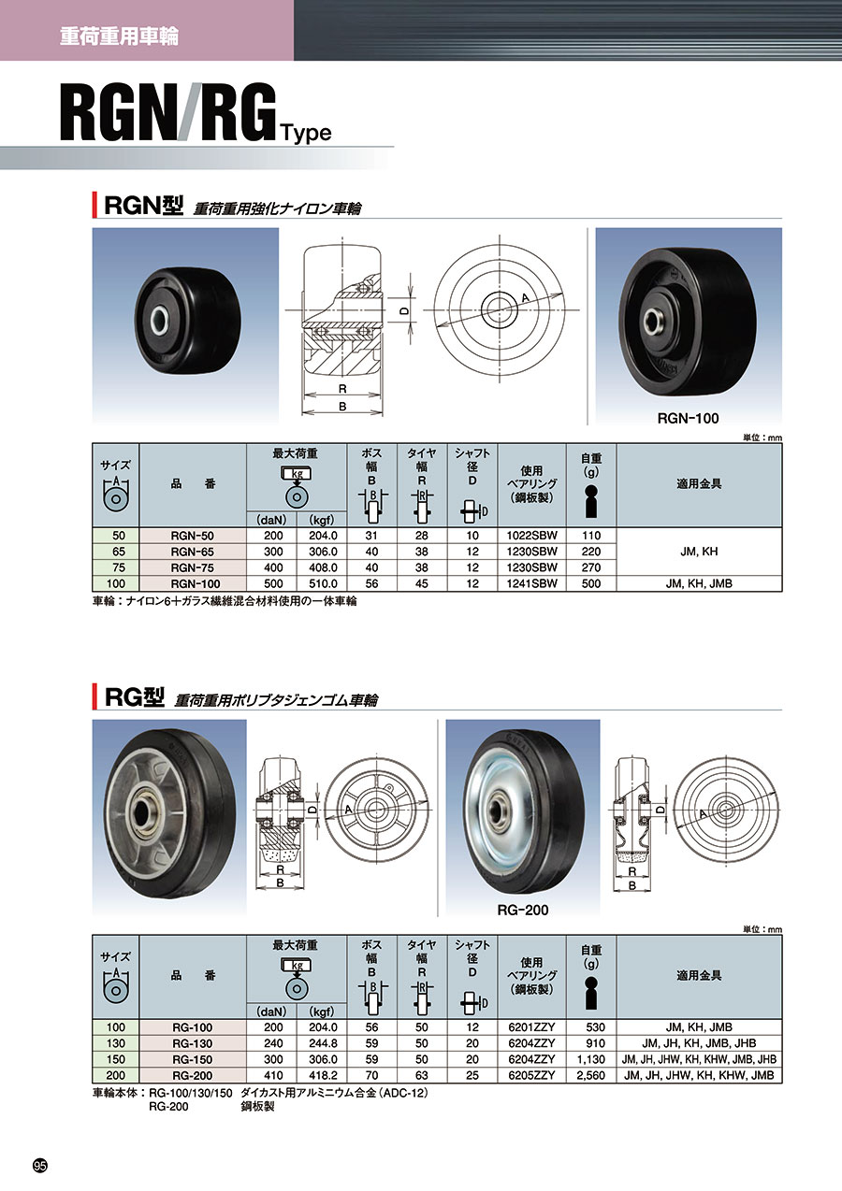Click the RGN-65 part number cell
(192, 552)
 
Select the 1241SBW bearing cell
(531, 583)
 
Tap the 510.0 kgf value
(322, 583)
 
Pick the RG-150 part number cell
(192, 1059)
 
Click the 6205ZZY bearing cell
(531, 1075)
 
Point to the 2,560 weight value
(590, 1075)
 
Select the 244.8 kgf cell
(322, 1043)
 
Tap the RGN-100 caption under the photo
(688, 418)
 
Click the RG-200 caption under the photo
(523, 910)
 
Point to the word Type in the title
(307, 133)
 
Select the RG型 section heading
(134, 697)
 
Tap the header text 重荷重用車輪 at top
(119, 36)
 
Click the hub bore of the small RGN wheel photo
(161, 322)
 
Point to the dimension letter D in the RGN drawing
(405, 311)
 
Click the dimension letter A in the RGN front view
(526, 298)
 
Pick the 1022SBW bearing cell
(531, 536)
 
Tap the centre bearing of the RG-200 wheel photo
(501, 811)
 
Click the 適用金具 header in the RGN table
(699, 484)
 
